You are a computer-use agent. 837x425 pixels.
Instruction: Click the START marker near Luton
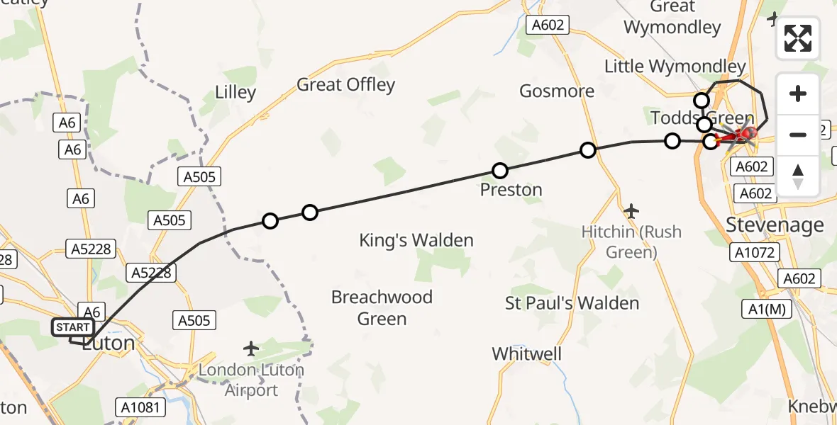pos(72,327)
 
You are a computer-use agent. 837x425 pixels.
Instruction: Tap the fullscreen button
pos(798,38)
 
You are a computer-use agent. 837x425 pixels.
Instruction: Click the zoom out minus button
pos(798,134)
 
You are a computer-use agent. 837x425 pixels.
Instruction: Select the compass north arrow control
pos(798,176)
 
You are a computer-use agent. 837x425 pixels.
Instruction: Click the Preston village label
pos(511,190)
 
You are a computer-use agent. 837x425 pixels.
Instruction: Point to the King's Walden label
pos(416,240)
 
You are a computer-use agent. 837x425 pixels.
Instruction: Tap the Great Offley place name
pos(345,85)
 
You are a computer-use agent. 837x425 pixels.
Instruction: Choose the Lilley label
pos(235,93)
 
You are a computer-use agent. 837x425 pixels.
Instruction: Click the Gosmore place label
pos(557,91)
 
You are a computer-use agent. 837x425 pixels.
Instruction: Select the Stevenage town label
pos(775,225)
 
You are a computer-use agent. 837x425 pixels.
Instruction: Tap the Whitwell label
pos(526,353)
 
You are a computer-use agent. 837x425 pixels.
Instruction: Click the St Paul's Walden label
pos(572,303)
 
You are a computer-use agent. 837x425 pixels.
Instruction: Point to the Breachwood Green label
pos(382,307)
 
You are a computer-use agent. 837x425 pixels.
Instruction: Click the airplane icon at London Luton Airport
pos(250,348)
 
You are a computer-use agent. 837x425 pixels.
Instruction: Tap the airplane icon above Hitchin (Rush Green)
pos(631,211)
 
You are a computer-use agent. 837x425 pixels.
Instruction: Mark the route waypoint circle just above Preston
pos(500,171)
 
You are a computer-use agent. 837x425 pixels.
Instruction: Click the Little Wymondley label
pos(675,67)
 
